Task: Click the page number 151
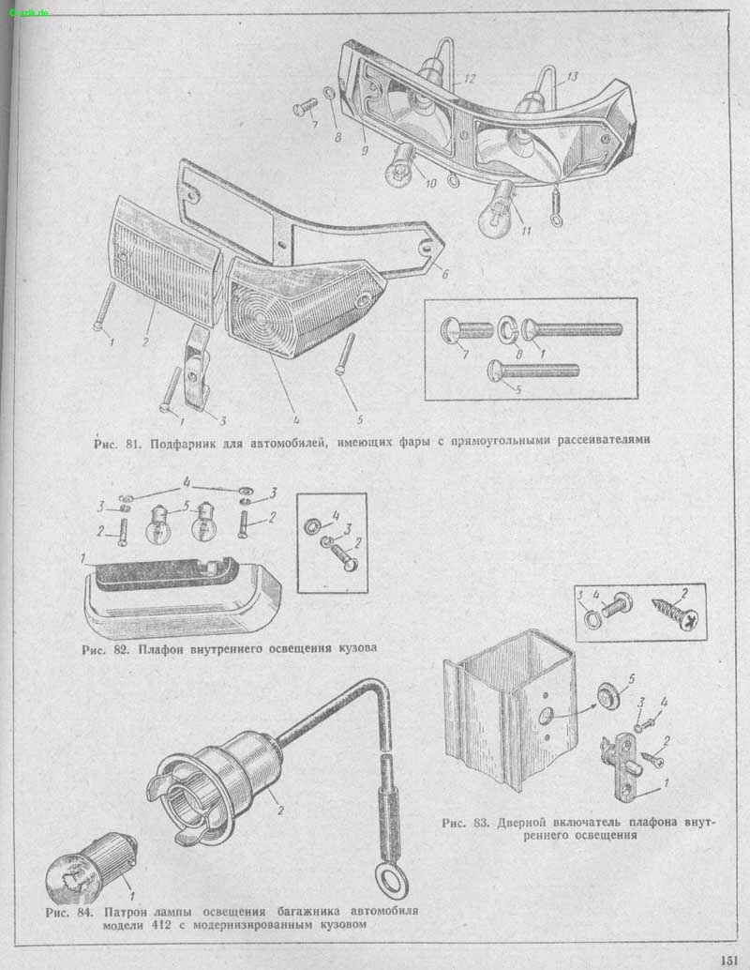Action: pyautogui.click(x=729, y=960)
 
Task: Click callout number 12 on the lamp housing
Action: pyautogui.click(x=470, y=79)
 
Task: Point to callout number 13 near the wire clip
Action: pyautogui.click(x=572, y=77)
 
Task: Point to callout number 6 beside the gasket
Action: pyautogui.click(x=444, y=273)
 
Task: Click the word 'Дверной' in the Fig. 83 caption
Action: pyautogui.click(x=521, y=824)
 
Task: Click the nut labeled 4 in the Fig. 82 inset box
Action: pyautogui.click(x=312, y=526)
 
